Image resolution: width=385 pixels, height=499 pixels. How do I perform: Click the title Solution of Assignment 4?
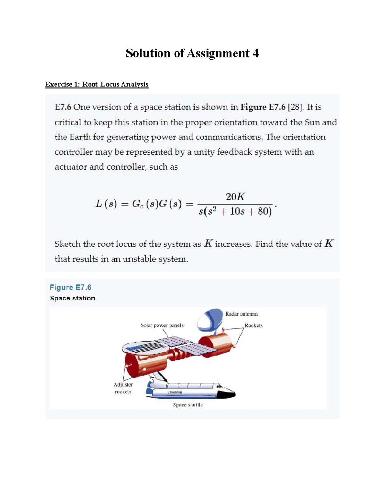tap(192, 53)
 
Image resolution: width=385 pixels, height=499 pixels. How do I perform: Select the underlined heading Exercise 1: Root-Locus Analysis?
tap(97, 84)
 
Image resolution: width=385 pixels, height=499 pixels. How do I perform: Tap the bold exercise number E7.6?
tap(63, 107)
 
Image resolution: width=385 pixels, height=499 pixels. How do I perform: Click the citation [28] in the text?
tap(295, 107)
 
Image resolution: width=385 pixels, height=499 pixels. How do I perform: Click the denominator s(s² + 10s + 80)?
tap(235, 211)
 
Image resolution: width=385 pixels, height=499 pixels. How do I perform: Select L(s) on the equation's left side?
tap(106, 204)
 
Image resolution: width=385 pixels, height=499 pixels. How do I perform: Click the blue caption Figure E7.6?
tap(71, 287)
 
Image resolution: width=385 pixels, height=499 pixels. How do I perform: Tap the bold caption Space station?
tap(73, 298)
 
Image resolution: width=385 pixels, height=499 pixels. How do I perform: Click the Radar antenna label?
tap(241, 314)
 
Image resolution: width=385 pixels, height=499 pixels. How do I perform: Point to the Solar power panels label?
tap(162, 325)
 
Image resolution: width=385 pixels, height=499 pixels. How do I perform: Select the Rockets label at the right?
tap(253, 325)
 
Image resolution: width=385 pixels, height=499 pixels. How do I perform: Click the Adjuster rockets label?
tap(123, 388)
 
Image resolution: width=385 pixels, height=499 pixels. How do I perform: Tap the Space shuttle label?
tap(188, 405)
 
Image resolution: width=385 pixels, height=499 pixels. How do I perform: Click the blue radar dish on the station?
tap(210, 320)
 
